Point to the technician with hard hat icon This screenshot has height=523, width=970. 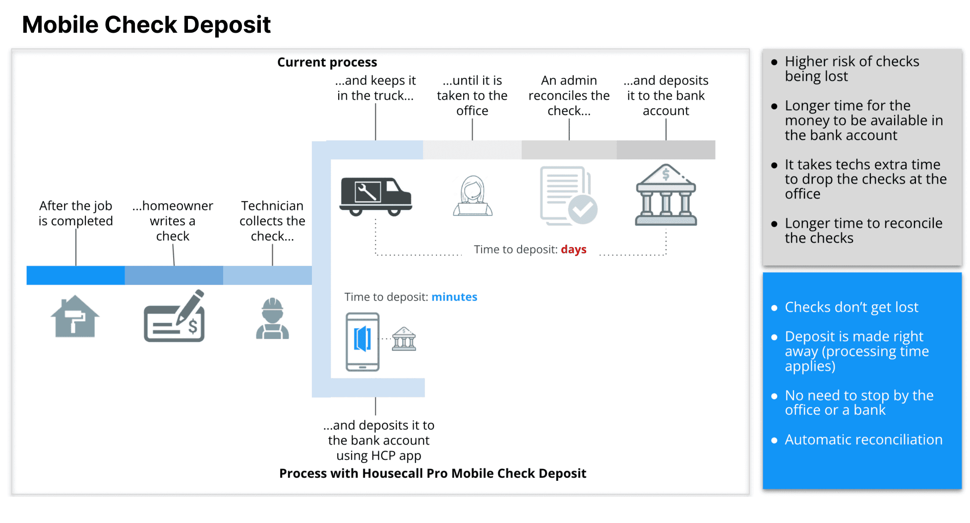point(272,319)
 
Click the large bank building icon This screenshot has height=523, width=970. point(666,196)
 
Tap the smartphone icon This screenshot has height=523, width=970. point(363,342)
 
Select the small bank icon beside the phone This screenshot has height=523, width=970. point(404,339)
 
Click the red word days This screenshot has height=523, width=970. point(573,249)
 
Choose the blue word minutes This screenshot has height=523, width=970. point(454,297)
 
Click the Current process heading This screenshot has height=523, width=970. point(327,62)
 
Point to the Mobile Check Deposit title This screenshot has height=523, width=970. point(146,25)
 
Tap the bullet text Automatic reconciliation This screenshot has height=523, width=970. point(863,440)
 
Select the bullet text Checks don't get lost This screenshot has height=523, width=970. point(851,307)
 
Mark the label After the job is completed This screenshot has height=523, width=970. point(76,213)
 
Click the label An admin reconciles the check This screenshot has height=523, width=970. point(569,95)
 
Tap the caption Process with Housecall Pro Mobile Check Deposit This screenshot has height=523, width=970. point(432,473)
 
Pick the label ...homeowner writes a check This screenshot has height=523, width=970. point(173,221)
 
